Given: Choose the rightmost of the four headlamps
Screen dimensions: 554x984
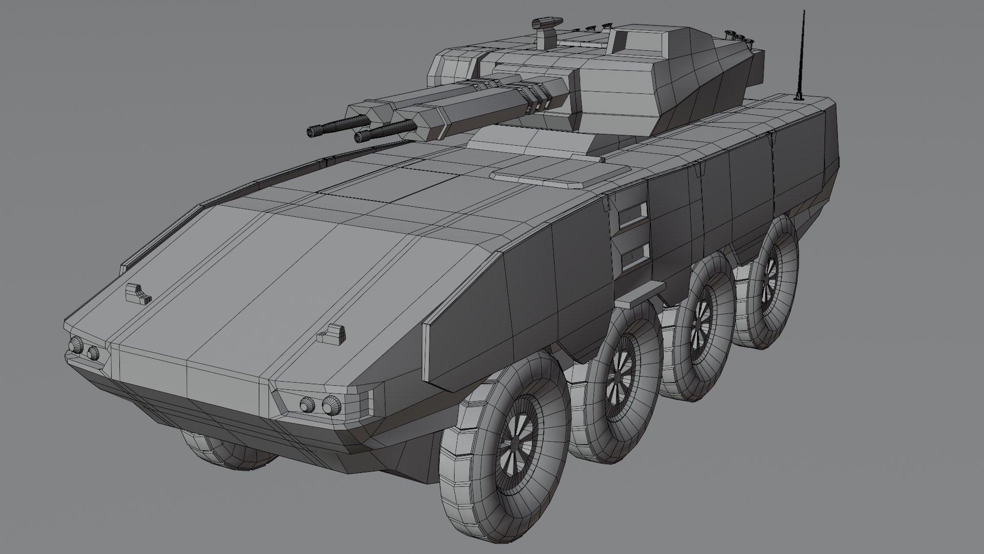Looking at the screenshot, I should (331, 406).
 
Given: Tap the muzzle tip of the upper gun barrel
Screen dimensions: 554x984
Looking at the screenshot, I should (311, 132).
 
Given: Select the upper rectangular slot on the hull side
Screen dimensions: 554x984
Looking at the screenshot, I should (633, 213).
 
